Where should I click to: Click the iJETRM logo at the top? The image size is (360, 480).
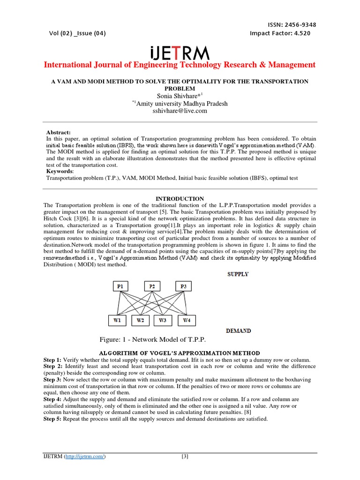click(180, 52)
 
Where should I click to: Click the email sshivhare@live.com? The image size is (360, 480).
click(180, 111)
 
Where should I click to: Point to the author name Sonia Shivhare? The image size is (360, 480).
click(178, 97)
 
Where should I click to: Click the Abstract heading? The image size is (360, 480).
click(58, 133)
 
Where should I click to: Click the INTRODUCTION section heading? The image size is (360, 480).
click(180, 199)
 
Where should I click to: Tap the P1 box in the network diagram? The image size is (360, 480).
click(121, 285)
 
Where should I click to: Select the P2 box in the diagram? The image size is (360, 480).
click(152, 285)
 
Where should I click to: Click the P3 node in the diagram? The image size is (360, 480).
click(183, 285)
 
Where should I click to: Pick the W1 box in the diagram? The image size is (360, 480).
click(117, 321)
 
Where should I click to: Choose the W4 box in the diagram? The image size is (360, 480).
click(187, 321)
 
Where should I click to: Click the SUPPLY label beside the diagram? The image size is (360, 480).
click(238, 274)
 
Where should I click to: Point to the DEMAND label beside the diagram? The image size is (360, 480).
click(238, 331)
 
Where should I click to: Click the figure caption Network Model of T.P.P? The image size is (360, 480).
click(152, 340)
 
